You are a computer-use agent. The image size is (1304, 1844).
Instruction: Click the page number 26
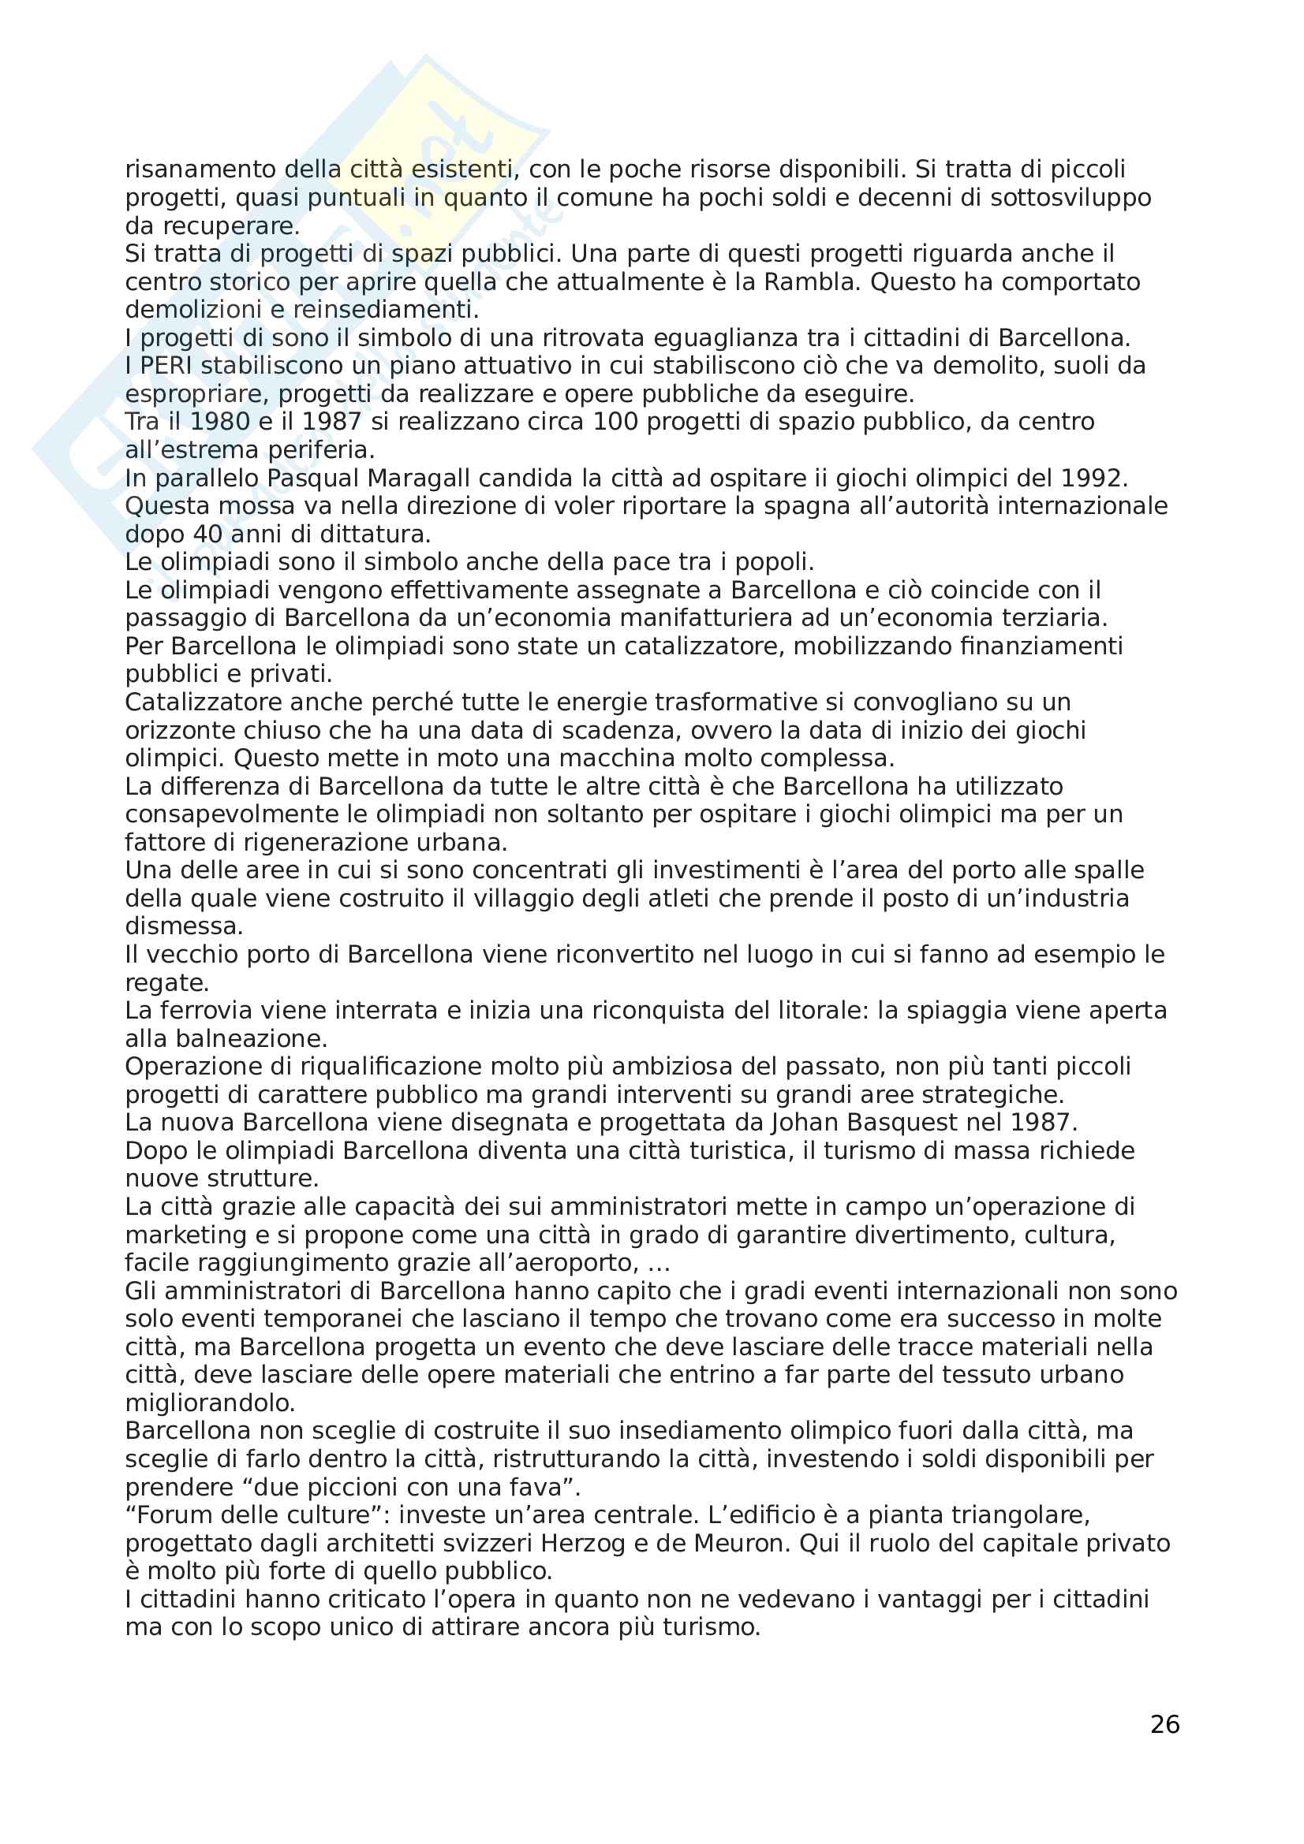click(x=1164, y=1723)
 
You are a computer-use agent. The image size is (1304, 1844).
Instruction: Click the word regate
click(x=166, y=982)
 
